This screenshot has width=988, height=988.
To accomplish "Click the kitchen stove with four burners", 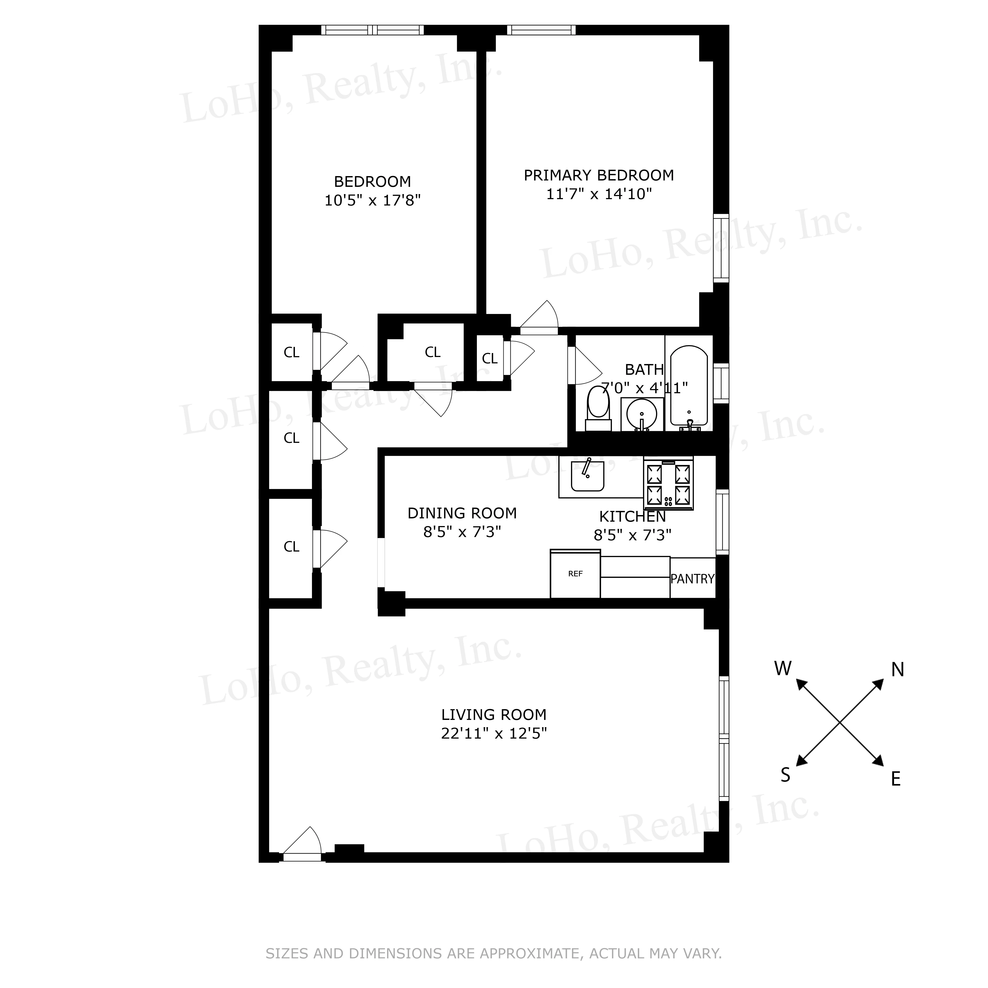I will [668, 483].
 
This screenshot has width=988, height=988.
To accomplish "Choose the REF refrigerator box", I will [575, 574].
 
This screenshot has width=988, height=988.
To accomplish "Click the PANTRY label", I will [692, 579].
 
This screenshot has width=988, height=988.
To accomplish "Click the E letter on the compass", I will [896, 779].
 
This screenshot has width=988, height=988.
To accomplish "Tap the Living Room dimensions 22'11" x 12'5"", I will [494, 733].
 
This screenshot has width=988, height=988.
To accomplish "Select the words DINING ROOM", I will [462, 513].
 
